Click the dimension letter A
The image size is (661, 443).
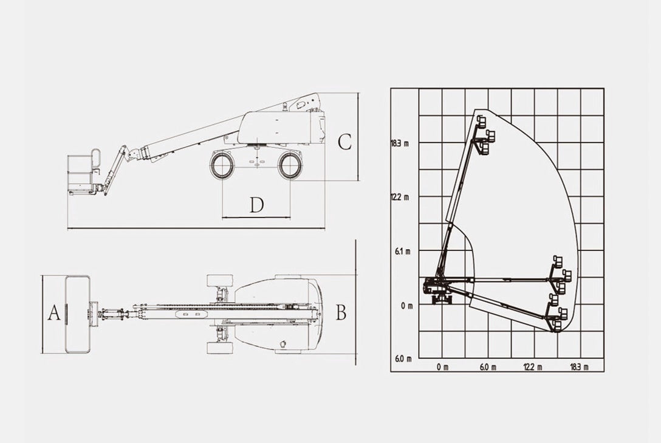[54, 313]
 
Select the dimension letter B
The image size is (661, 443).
[341, 312]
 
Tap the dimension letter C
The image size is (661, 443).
[345, 142]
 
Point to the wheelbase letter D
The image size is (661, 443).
[256, 205]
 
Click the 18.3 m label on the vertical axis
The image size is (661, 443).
[400, 143]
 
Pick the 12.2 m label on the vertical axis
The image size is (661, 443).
[400, 197]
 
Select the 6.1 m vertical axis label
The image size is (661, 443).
[402, 251]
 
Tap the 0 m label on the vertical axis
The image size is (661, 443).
[407, 306]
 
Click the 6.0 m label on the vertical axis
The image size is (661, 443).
[403, 359]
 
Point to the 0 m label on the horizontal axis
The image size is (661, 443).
[442, 367]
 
